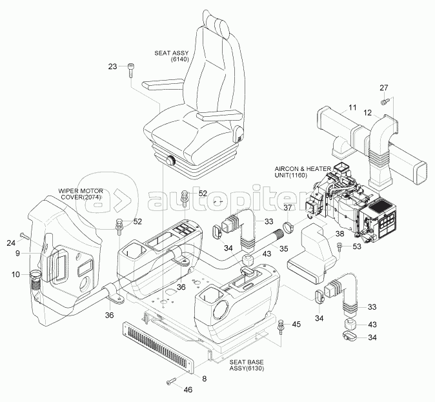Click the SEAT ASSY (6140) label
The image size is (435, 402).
coord(170,55)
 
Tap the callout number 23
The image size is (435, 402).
coord(112,66)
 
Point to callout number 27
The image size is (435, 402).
coord(383,88)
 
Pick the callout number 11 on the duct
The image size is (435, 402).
coord(352,107)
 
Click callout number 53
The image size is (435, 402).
coord(357,246)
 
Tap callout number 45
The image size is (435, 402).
coord(296,324)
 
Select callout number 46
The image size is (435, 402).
coord(188,390)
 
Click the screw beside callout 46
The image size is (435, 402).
coord(171,382)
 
